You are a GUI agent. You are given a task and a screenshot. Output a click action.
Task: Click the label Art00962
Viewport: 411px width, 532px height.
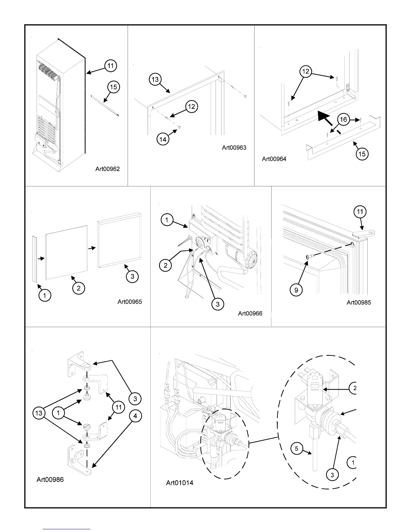[x=107, y=169]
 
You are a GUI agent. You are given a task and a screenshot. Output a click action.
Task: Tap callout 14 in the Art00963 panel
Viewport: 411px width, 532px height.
[x=163, y=139]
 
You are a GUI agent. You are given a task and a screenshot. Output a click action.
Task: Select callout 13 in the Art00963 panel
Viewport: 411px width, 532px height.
[x=155, y=79]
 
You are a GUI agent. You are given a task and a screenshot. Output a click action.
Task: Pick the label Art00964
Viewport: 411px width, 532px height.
[x=274, y=159]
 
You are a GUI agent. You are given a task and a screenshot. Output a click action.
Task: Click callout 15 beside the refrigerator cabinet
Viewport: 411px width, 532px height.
[x=113, y=87]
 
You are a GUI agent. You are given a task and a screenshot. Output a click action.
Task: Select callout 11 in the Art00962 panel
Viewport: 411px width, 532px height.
[x=110, y=65]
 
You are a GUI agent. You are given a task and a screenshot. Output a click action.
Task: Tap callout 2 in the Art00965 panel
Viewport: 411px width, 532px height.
[x=79, y=288]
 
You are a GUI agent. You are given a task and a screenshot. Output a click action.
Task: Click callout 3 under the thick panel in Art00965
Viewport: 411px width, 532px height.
[x=132, y=276]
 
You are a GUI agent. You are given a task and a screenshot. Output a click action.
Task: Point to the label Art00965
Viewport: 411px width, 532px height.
[x=130, y=302]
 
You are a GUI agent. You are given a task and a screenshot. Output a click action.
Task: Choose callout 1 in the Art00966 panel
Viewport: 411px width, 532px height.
[x=167, y=220]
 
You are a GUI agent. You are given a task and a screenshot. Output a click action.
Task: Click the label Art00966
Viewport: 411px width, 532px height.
[x=250, y=313]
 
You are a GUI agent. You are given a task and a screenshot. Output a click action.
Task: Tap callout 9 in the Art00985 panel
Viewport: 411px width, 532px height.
[x=296, y=290]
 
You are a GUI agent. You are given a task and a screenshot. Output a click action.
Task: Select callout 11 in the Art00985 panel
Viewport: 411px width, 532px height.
[x=360, y=212]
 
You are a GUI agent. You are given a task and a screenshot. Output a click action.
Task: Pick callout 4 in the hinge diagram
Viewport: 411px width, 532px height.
[x=135, y=416]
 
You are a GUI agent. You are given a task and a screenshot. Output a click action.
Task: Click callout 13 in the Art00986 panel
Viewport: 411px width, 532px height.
[x=39, y=412]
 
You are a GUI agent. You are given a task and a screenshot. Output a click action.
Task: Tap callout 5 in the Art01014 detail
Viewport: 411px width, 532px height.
[x=297, y=449]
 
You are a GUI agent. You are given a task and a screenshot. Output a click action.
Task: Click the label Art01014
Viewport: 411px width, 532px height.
[x=180, y=483]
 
